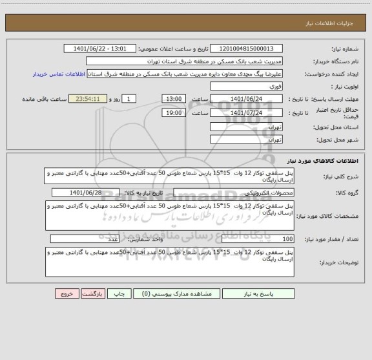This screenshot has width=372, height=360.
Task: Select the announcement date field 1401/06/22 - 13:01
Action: click(x=101, y=48)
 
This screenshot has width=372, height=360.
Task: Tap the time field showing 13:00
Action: click(x=174, y=98)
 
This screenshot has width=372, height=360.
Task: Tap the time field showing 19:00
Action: click(x=174, y=112)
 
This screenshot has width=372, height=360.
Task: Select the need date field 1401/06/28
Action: click(x=94, y=193)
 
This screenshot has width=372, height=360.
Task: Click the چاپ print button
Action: click(x=119, y=293)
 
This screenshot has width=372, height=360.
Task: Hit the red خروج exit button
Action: click(x=66, y=293)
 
